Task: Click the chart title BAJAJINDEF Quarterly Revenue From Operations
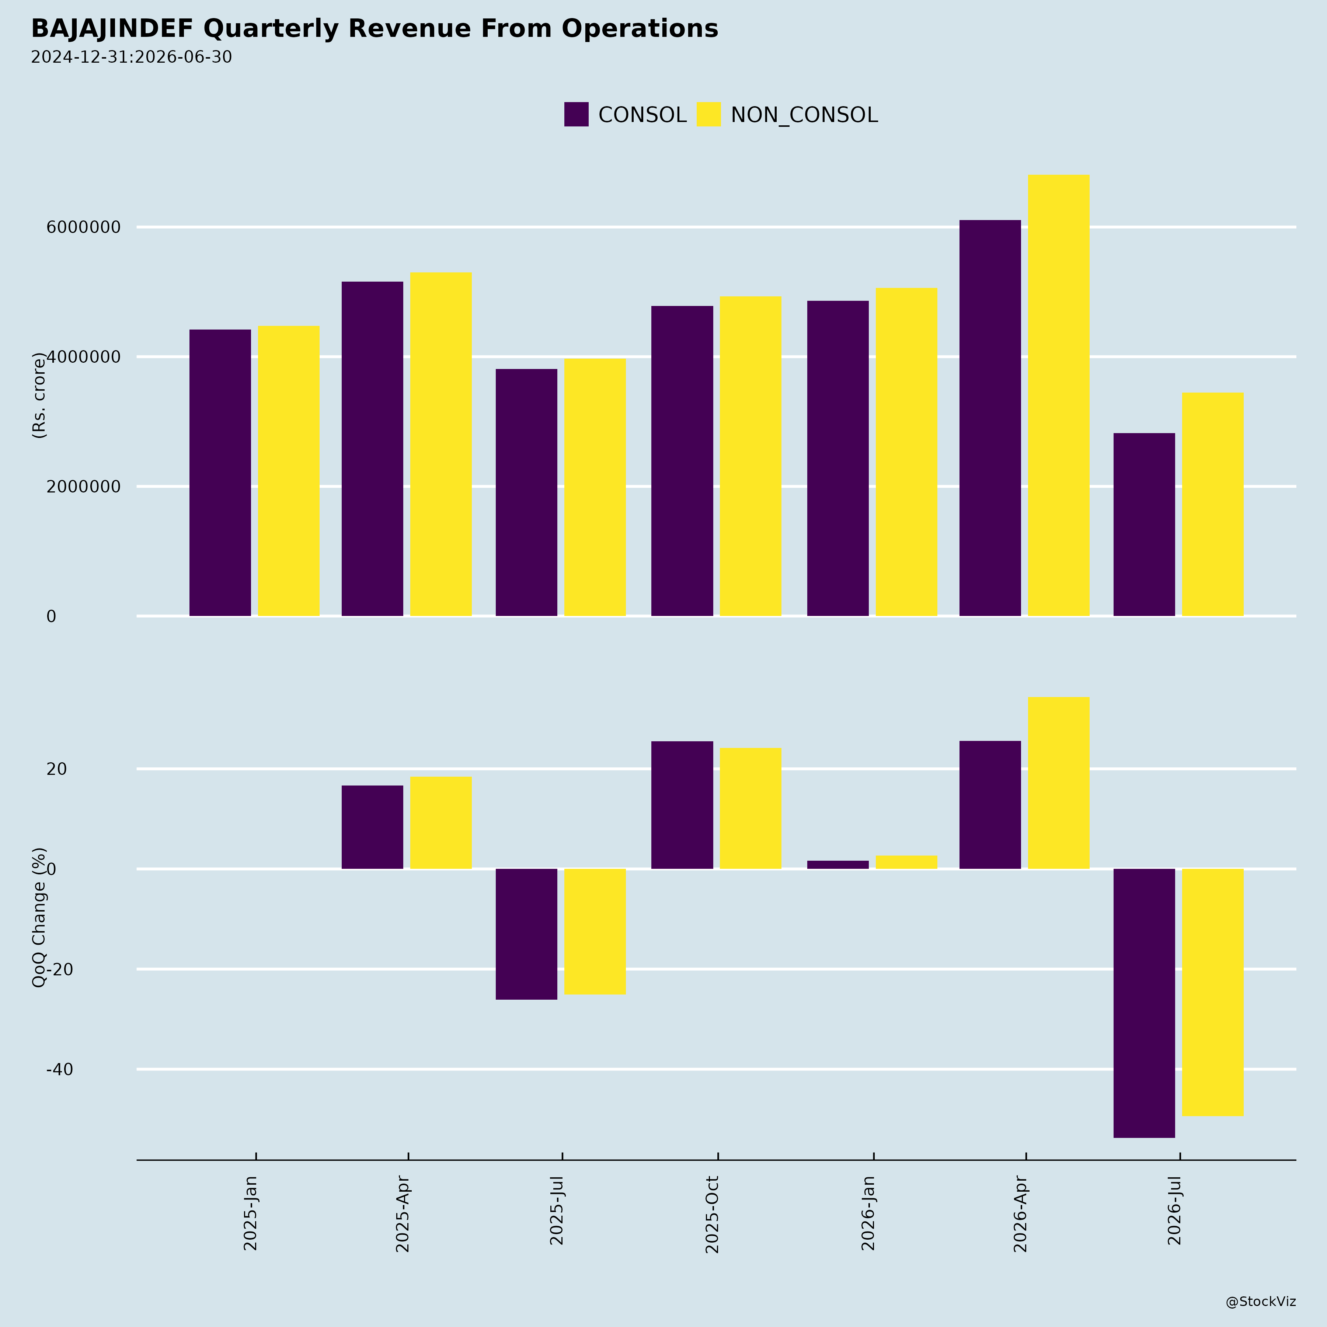[375, 29]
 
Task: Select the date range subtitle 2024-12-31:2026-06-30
[131, 57]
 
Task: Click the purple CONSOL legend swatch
[576, 114]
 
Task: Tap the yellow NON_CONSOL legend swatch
[709, 114]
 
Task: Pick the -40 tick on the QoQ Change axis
[60, 1069]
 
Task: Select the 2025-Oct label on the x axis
[712, 1214]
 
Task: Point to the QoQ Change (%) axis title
[39, 917]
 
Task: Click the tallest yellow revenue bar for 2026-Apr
[1058, 396]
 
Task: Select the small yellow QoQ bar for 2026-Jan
[907, 862]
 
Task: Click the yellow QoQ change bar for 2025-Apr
[441, 823]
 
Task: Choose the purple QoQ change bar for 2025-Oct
[682, 805]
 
